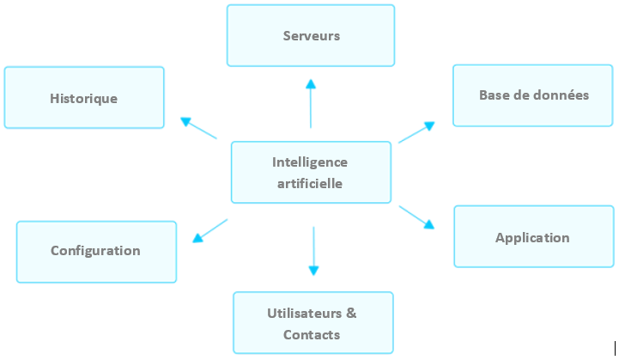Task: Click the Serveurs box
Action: [x=311, y=36]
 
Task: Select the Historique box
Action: [x=84, y=98]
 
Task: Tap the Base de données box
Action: [x=533, y=95]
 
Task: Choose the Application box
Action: [x=533, y=237]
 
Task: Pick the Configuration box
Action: [x=96, y=252]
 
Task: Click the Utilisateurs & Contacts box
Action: [x=313, y=323]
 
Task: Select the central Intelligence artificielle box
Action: [x=311, y=173]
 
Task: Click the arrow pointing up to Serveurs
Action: [x=311, y=102]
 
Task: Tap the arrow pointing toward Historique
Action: [x=198, y=129]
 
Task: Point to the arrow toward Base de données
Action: [x=417, y=132]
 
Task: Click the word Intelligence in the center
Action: [x=310, y=162]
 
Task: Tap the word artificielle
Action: [x=310, y=183]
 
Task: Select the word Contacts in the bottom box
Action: [x=312, y=334]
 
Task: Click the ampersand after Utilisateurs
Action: [x=350, y=313]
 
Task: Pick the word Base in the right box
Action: [x=495, y=95]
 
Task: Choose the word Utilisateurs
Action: [x=304, y=313]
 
